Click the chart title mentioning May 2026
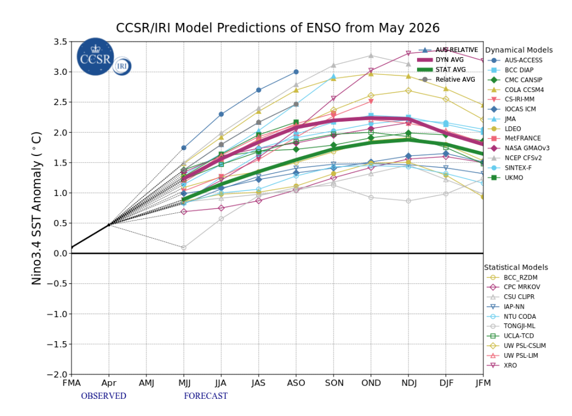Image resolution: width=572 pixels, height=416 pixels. click(x=277, y=28)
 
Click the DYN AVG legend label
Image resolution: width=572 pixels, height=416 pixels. click(x=450, y=60)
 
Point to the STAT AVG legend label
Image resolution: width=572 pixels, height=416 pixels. click(x=451, y=70)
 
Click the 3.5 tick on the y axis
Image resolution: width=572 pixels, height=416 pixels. click(x=61, y=42)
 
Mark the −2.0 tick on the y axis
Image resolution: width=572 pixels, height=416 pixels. click(x=57, y=374)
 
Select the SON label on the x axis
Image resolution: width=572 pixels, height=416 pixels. click(x=334, y=383)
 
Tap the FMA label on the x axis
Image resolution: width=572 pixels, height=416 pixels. click(x=71, y=383)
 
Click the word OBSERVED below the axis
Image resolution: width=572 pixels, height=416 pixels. click(x=104, y=396)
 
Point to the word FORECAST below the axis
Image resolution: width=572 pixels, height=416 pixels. click(x=206, y=396)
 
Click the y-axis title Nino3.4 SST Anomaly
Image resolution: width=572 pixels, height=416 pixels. click(x=37, y=208)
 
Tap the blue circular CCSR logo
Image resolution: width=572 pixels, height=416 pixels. click(x=95, y=57)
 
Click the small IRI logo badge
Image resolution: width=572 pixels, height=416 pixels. click(x=122, y=66)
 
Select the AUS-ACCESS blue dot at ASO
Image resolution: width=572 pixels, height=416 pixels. click(x=296, y=72)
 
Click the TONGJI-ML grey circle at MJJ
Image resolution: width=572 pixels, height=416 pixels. click(x=184, y=247)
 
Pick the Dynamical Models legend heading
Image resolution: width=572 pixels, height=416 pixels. click(x=519, y=50)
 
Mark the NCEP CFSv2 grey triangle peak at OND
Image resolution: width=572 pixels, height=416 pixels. click(x=371, y=55)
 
